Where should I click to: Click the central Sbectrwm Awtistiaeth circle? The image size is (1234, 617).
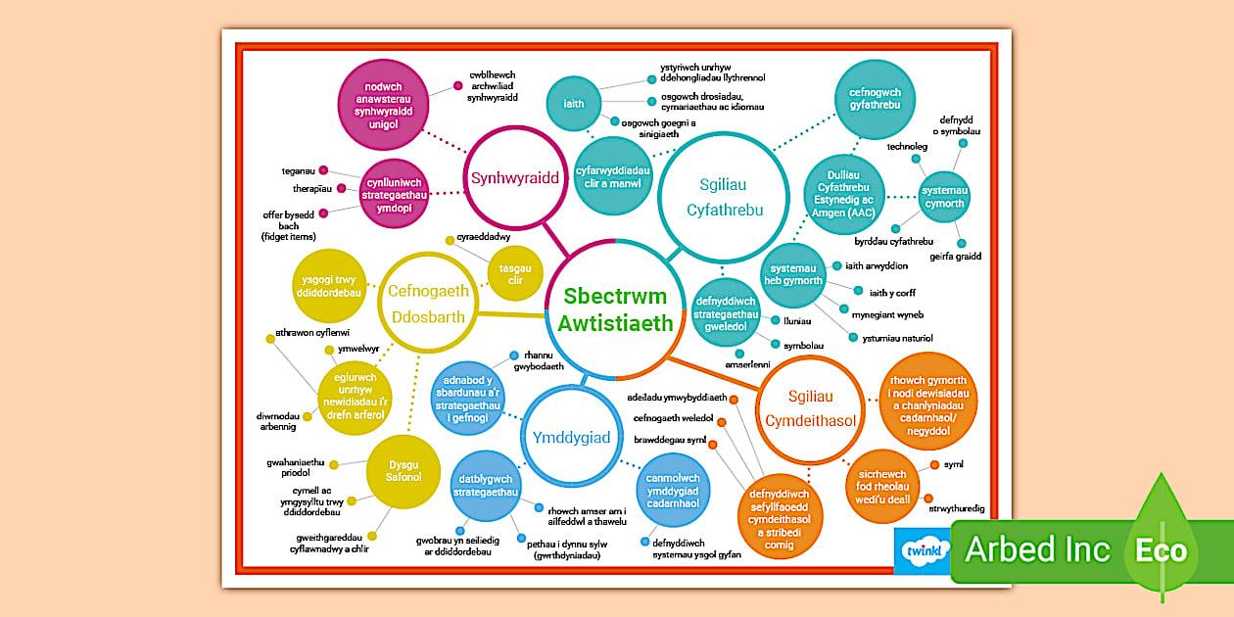click(615, 309)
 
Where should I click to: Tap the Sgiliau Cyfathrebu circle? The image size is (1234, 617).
click(724, 197)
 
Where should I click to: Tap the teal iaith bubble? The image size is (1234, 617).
click(574, 104)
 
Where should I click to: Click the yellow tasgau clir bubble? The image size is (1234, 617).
click(515, 274)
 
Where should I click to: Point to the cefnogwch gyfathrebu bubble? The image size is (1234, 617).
click(875, 99)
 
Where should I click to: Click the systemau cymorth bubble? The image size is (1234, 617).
click(944, 197)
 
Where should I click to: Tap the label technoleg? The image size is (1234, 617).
click(906, 147)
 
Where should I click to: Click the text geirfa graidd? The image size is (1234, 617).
click(955, 257)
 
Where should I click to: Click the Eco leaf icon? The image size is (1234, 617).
click(1161, 546)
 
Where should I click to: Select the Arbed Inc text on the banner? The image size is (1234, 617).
click(1037, 549)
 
